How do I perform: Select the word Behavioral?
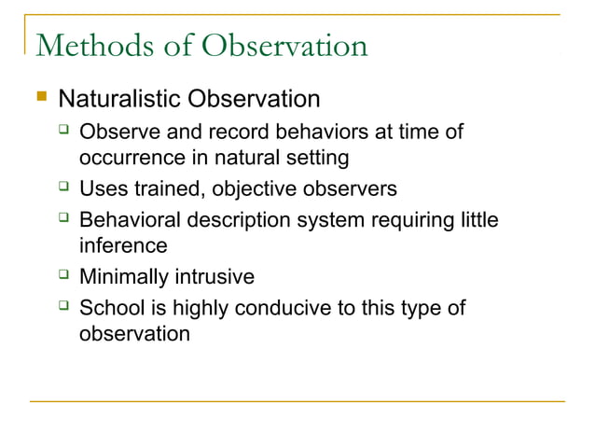point(131,221)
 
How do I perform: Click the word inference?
point(123,246)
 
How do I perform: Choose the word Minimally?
point(122,277)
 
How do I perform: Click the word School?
point(109,308)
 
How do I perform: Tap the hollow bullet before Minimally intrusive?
point(64,276)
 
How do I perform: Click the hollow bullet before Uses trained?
point(64,188)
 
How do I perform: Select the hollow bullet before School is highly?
point(64,307)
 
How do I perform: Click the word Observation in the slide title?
point(281,46)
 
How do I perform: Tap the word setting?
point(318,159)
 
